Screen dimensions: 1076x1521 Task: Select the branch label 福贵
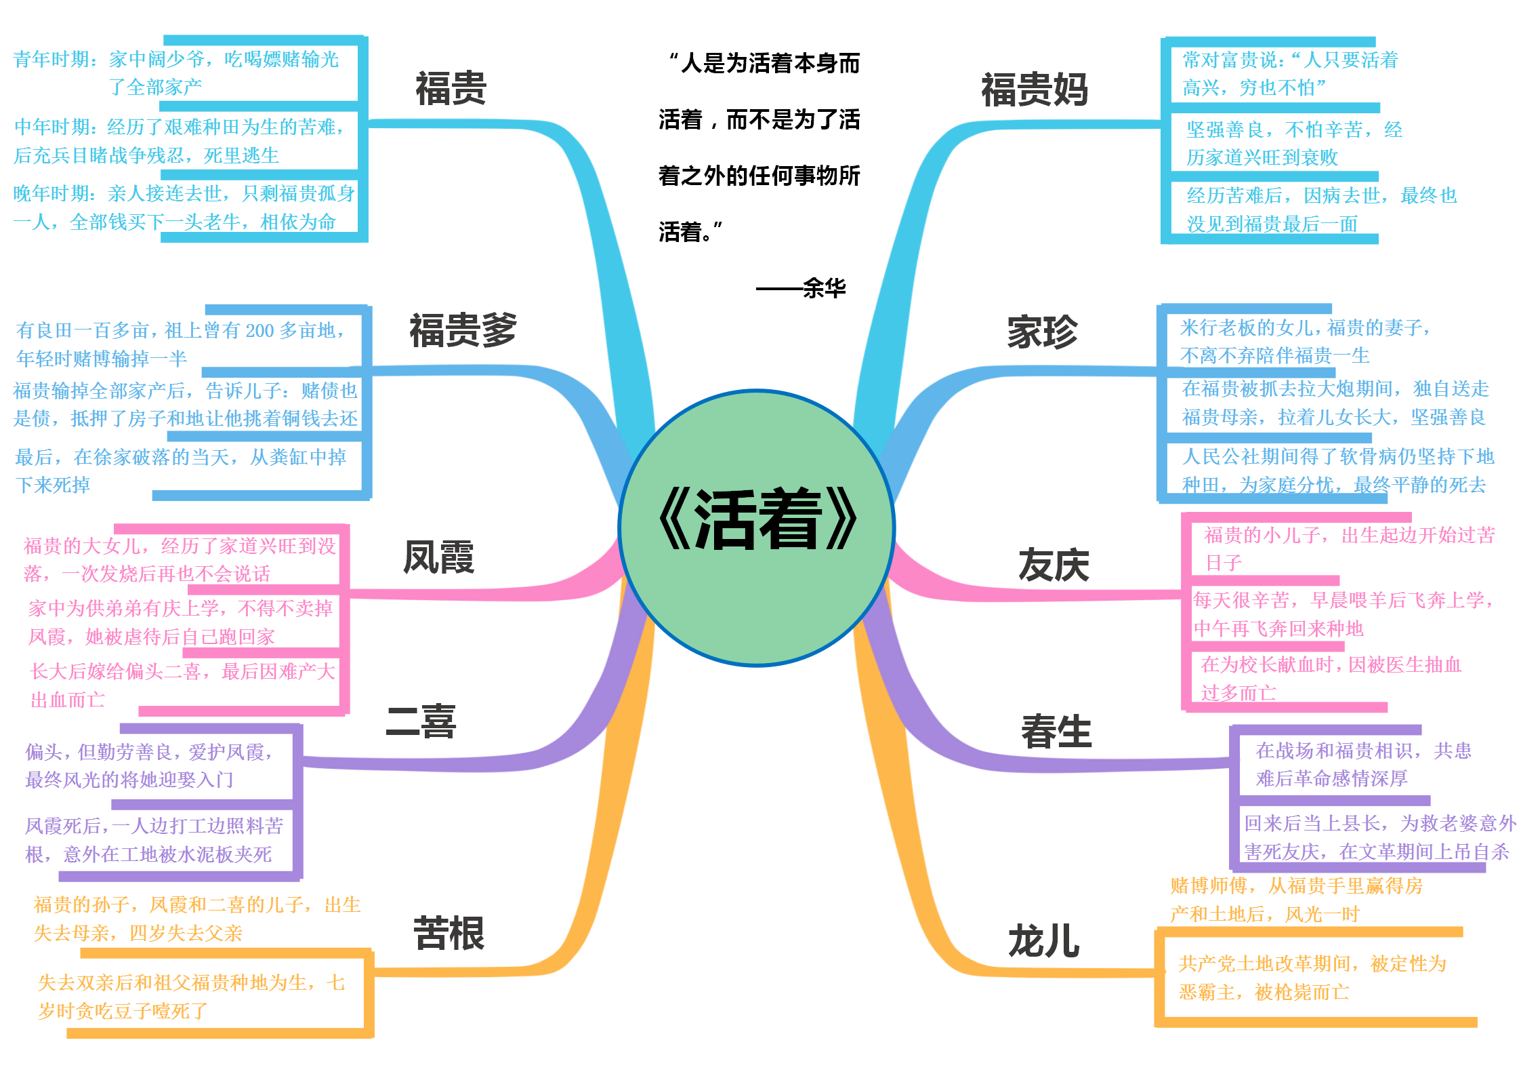tap(451, 89)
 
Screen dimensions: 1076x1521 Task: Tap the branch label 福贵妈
tap(1034, 90)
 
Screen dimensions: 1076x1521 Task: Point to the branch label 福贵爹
tap(463, 331)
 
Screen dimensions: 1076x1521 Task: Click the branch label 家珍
tap(1042, 332)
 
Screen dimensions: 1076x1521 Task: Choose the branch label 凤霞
tap(438, 558)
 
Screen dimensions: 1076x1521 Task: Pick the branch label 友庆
tap(1054, 565)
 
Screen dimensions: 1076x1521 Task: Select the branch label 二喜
tap(421, 721)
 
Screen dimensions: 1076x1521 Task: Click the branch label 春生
tap(1056, 732)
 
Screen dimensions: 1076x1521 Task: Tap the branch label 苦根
tap(449, 934)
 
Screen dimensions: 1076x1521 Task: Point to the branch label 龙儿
tap(1043, 942)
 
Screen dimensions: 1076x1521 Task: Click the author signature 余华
tap(824, 289)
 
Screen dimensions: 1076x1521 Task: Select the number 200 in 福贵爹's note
tap(259, 331)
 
